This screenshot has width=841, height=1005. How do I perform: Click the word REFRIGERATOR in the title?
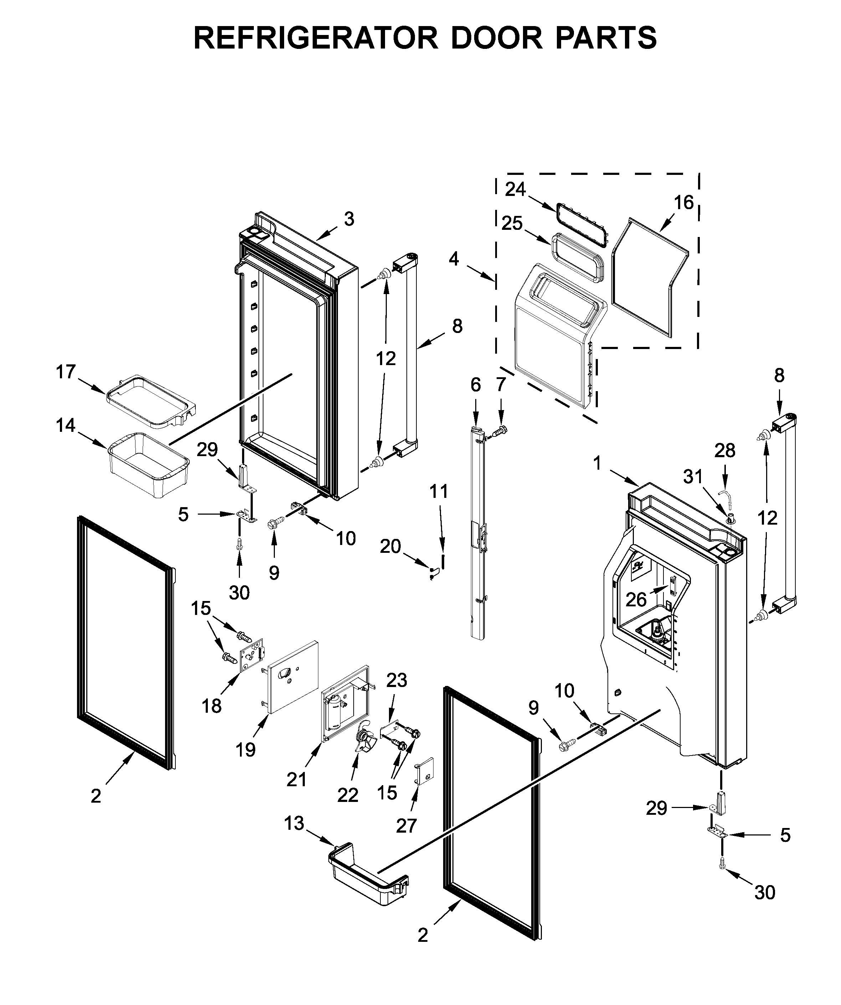point(316,38)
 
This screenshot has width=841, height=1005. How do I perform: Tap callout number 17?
point(66,372)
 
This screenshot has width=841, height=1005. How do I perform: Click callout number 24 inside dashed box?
point(516,190)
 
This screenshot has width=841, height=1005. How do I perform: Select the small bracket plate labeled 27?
point(424,772)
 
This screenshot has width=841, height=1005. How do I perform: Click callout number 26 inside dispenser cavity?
point(636,599)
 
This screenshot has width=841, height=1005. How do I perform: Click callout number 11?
point(439,491)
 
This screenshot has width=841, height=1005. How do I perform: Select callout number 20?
point(390,546)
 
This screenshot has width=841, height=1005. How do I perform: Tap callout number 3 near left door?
point(349,219)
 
